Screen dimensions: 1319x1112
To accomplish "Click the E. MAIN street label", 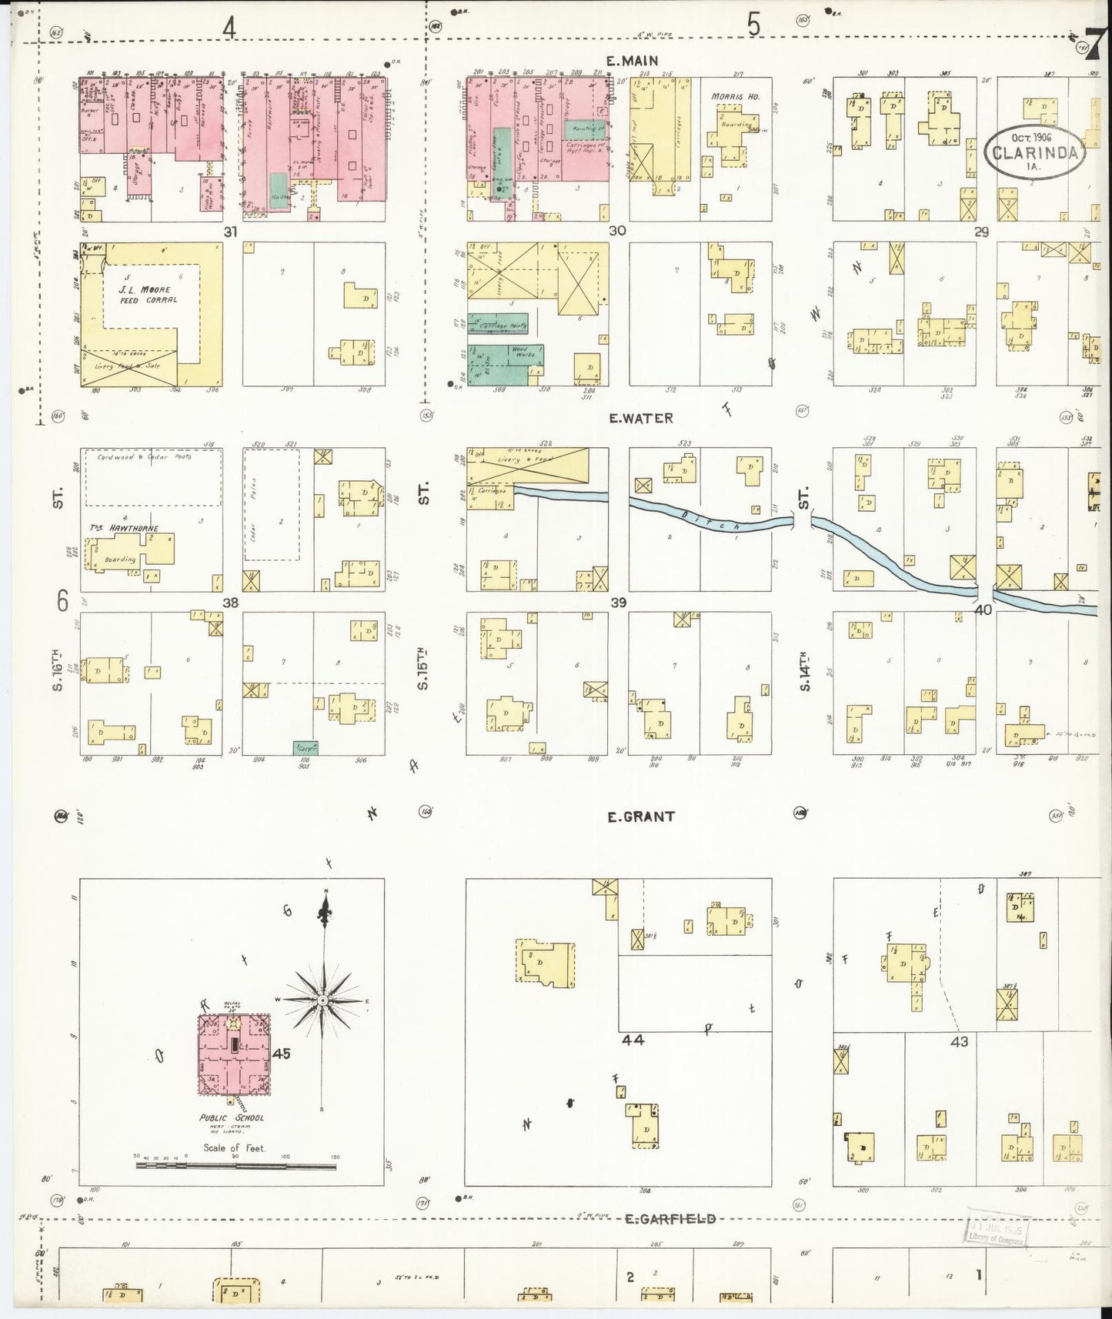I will click(x=631, y=60).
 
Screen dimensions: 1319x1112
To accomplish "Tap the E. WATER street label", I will click(x=641, y=419).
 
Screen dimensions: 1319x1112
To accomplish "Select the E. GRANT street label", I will click(x=641, y=816).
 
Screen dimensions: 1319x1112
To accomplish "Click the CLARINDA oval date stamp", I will click(x=1035, y=152).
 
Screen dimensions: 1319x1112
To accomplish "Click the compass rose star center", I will click(x=323, y=1000).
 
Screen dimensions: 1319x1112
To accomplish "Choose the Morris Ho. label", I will click(x=736, y=96).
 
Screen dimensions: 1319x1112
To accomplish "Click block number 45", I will click(x=281, y=1054).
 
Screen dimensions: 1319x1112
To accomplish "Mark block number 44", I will click(x=633, y=1040).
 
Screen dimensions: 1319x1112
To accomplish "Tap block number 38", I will click(x=230, y=603).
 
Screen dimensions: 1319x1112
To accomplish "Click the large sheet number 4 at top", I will click(x=229, y=27).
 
